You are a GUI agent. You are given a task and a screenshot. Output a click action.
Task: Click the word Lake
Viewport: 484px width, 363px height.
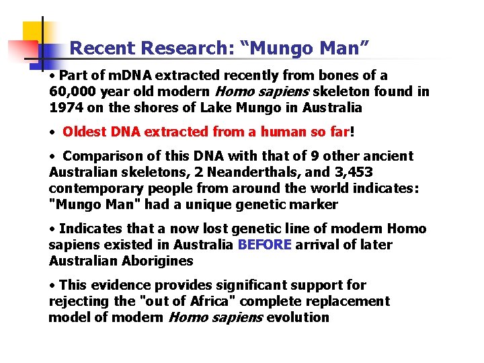click(239, 108)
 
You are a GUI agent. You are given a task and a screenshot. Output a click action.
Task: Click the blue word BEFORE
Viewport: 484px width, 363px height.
click(265, 245)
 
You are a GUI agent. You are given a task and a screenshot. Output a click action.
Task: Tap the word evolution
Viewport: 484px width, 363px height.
click(298, 318)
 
